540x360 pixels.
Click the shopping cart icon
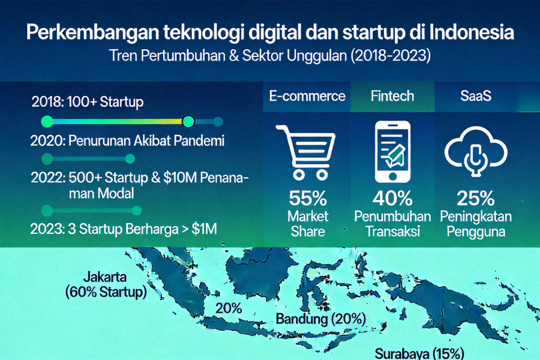coord(305,152)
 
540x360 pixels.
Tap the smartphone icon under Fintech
coord(392,152)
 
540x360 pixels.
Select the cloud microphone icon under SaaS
coord(475,152)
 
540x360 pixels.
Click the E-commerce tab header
coord(307,96)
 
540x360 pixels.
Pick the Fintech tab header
coord(392,96)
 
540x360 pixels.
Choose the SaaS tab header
coord(475,96)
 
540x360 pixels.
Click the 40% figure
coord(392,198)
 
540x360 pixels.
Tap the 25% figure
coord(475,198)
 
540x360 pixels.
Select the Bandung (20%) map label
coord(315,319)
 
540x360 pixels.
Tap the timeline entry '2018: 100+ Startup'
coord(88,102)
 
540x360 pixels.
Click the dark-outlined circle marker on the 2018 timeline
coord(188,122)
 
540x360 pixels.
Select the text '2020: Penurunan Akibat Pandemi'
coord(127,142)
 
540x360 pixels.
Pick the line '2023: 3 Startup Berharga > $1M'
coord(124,229)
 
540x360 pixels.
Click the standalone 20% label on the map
coord(229,308)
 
